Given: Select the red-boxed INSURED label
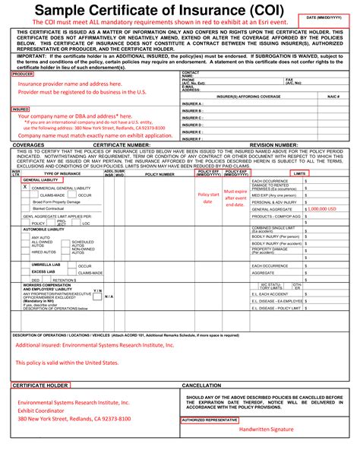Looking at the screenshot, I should [x=21, y=109].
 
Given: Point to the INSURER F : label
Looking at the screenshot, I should [x=193, y=139].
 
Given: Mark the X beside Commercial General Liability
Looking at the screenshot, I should [x=25, y=186].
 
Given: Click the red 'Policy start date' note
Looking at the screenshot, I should [x=209, y=198].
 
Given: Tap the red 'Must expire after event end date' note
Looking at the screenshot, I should [x=235, y=198].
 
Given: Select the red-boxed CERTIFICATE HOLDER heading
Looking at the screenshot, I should [x=40, y=385].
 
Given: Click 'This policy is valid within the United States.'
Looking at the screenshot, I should [x=68, y=363].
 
